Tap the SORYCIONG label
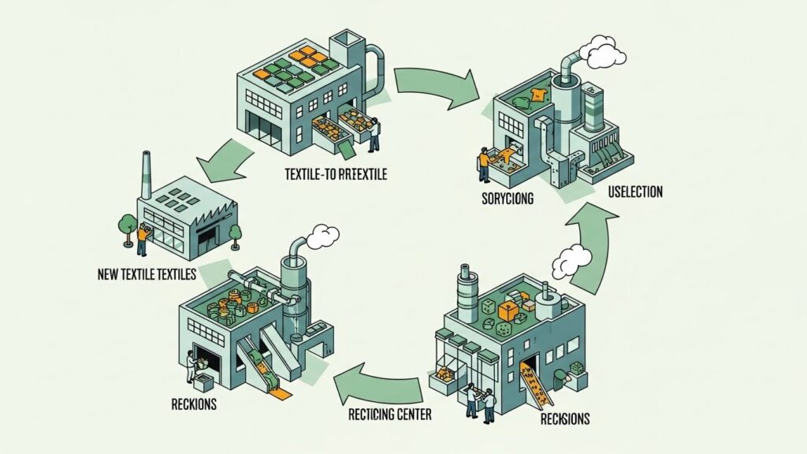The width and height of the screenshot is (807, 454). (508, 199)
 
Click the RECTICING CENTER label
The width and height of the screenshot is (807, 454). (389, 413)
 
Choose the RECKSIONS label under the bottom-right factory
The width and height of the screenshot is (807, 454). (564, 419)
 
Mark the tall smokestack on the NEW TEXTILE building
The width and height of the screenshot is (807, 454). (146, 175)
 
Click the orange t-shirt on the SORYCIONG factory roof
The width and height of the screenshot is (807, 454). (537, 96)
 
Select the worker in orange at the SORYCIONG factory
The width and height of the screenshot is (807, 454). (483, 161)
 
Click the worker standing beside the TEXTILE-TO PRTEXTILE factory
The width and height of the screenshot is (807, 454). (374, 135)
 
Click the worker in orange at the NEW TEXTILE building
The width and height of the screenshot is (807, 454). (142, 238)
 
